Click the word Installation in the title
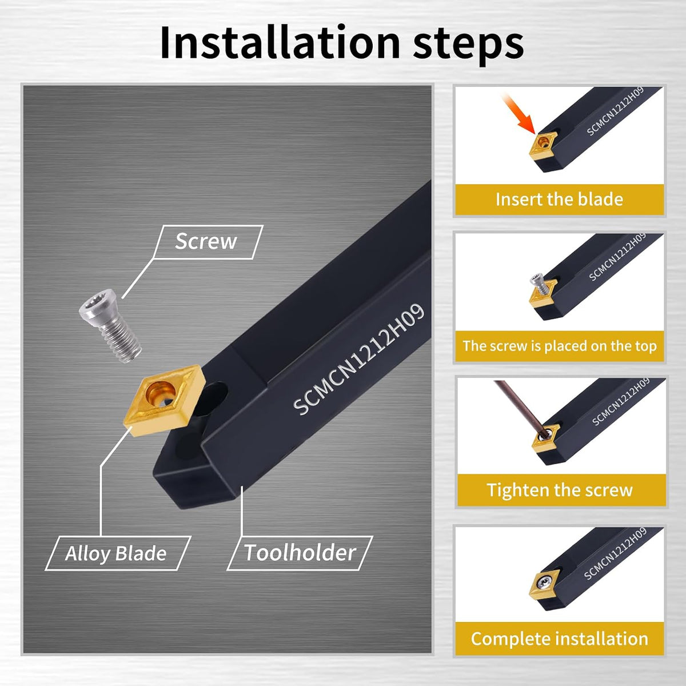280,43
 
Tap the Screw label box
208,242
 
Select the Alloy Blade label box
118,553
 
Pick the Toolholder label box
300,553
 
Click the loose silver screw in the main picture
110,325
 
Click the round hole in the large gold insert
160,392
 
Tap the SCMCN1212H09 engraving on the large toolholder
358,360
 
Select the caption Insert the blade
559,199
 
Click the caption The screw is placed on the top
560,346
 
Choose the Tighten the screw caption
560,490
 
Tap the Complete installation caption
560,639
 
